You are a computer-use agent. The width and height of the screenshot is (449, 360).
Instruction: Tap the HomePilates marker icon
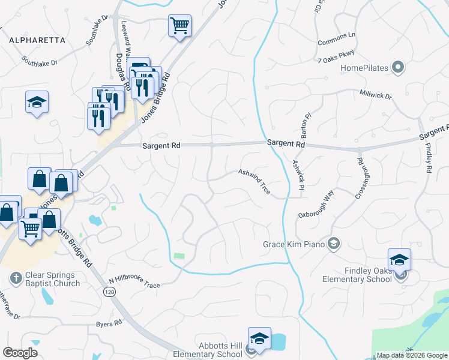click(x=397, y=68)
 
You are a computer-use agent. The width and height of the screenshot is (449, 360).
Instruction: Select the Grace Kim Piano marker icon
click(x=334, y=244)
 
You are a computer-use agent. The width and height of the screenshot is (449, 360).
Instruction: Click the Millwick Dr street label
click(x=375, y=95)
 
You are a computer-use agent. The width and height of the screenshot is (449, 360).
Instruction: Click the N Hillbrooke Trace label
click(x=134, y=283)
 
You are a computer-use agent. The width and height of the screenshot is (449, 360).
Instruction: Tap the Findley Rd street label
click(x=429, y=158)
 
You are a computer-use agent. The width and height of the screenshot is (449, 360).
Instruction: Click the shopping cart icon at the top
click(x=179, y=26)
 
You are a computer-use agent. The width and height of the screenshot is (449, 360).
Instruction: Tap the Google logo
click(x=20, y=353)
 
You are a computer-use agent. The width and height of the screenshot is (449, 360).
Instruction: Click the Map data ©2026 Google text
click(x=411, y=355)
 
